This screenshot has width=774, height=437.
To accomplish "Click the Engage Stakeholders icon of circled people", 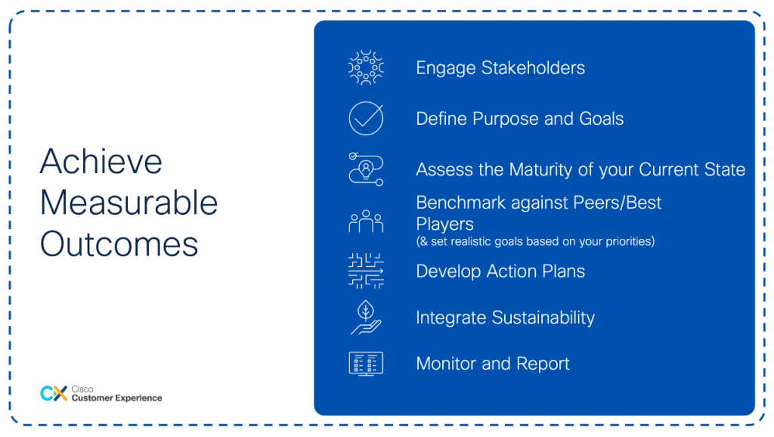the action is tap(366, 67).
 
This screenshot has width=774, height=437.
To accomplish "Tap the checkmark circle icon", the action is tap(366, 118).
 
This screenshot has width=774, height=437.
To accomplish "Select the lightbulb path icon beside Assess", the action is tap(366, 169).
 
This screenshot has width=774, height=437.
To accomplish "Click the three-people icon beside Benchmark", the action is tap(366, 222).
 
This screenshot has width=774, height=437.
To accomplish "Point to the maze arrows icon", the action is tap(366, 271).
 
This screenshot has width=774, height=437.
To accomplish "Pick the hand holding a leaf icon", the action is tap(366, 318).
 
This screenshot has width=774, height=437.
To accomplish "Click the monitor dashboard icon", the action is tap(366, 364).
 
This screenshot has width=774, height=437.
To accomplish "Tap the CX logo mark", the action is tap(54, 394).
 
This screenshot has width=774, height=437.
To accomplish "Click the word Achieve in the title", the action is tap(101, 162).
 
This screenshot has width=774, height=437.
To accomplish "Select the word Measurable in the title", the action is tap(128, 203).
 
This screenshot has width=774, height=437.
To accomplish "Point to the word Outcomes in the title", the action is tap(119, 244).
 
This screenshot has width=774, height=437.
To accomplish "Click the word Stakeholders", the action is tap(533, 67).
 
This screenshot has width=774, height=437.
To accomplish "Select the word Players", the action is tap(444, 225).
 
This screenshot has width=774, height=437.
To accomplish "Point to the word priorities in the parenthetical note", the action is tap(630, 241).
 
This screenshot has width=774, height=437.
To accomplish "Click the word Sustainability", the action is tap(543, 318).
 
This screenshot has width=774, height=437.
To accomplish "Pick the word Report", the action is tap(543, 364).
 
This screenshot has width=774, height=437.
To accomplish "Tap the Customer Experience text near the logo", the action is tap(116, 398).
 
